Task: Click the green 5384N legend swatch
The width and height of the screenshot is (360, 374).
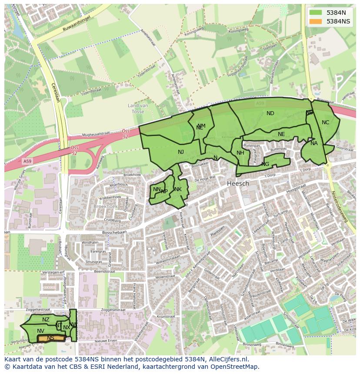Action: pyautogui.click(x=316, y=13)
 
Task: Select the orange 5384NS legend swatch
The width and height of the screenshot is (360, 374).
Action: pyautogui.click(x=316, y=21)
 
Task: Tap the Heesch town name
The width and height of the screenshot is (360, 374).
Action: pyautogui.click(x=238, y=184)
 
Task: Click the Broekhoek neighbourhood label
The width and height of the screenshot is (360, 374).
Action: pyautogui.click(x=106, y=206)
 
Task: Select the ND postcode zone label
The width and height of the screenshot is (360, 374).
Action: pyautogui.click(x=270, y=113)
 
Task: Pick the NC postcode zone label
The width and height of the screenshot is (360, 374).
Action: pyautogui.click(x=325, y=122)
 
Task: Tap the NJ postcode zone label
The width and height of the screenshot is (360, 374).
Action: pyautogui.click(x=181, y=152)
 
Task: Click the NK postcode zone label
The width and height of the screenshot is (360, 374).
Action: pyautogui.click(x=178, y=189)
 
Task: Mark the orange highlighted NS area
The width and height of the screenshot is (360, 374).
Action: pyautogui.click(x=51, y=338)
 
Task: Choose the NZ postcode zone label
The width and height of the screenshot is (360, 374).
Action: pyautogui.click(x=46, y=320)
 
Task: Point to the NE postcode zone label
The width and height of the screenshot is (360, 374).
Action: pyautogui.click(x=281, y=134)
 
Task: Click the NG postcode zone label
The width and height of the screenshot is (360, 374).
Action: pyautogui.click(x=265, y=164)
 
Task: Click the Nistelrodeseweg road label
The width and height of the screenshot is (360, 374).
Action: pyautogui.click(x=340, y=207)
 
